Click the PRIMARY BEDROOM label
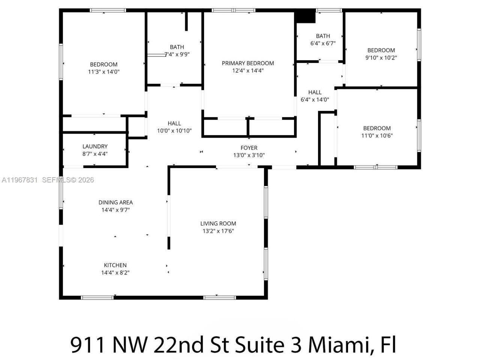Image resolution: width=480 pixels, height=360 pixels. tap(247, 63)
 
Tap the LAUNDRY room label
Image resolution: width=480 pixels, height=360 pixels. tap(95, 146)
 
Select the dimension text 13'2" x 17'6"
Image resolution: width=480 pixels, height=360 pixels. tap(218, 231)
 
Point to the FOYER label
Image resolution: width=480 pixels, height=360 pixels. tap(249, 148)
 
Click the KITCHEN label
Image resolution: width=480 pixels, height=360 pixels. tap(115, 265)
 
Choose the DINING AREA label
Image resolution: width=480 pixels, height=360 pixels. tap(115, 202)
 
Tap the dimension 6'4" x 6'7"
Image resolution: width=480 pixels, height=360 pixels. tap(323, 43)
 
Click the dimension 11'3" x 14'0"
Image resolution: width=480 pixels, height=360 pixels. tap(103, 72)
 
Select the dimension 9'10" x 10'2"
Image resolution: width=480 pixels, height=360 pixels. tap(381, 58)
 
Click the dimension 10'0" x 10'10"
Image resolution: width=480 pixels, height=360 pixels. tap(174, 131)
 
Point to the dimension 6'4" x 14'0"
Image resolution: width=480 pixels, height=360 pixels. tap(315, 100)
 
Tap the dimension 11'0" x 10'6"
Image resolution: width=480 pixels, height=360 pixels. tap(377, 136)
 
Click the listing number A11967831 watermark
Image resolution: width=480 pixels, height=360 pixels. tap(19, 180)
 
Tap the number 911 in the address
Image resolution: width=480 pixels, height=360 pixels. tap(87, 344)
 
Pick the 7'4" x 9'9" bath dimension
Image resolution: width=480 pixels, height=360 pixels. tap(177, 54)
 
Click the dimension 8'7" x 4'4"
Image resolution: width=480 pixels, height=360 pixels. tap(95, 154)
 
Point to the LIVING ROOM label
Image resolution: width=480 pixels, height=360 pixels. tap(218, 223)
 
